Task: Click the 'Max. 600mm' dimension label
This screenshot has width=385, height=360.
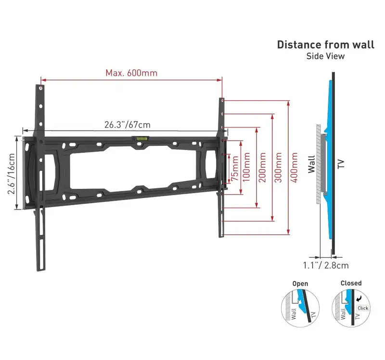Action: tap(131, 73)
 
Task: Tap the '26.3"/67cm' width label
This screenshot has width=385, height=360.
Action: tap(128, 124)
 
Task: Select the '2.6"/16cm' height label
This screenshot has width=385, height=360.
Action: tap(11, 174)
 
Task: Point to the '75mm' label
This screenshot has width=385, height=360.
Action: tap(235, 168)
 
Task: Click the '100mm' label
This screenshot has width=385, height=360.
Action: tap(246, 167)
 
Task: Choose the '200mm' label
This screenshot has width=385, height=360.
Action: tap(262, 167)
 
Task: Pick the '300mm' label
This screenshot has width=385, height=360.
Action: tap(278, 167)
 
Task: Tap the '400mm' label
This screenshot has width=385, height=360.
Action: tap(294, 167)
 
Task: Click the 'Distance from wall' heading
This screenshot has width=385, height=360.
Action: tap(326, 45)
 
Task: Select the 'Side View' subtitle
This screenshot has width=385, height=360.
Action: tap(325, 56)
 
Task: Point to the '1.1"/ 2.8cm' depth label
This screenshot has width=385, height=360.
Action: tap(326, 265)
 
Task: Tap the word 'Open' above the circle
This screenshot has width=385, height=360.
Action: tap(300, 284)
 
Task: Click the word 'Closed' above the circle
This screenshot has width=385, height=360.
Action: tap(351, 283)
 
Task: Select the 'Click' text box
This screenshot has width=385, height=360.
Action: tap(363, 308)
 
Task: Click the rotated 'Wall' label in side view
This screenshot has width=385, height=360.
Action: tap(311, 164)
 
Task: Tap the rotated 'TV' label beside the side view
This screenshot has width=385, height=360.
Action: tap(341, 164)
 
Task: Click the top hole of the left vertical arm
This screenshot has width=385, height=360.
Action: tap(41, 88)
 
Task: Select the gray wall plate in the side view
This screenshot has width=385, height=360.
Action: tap(323, 162)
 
